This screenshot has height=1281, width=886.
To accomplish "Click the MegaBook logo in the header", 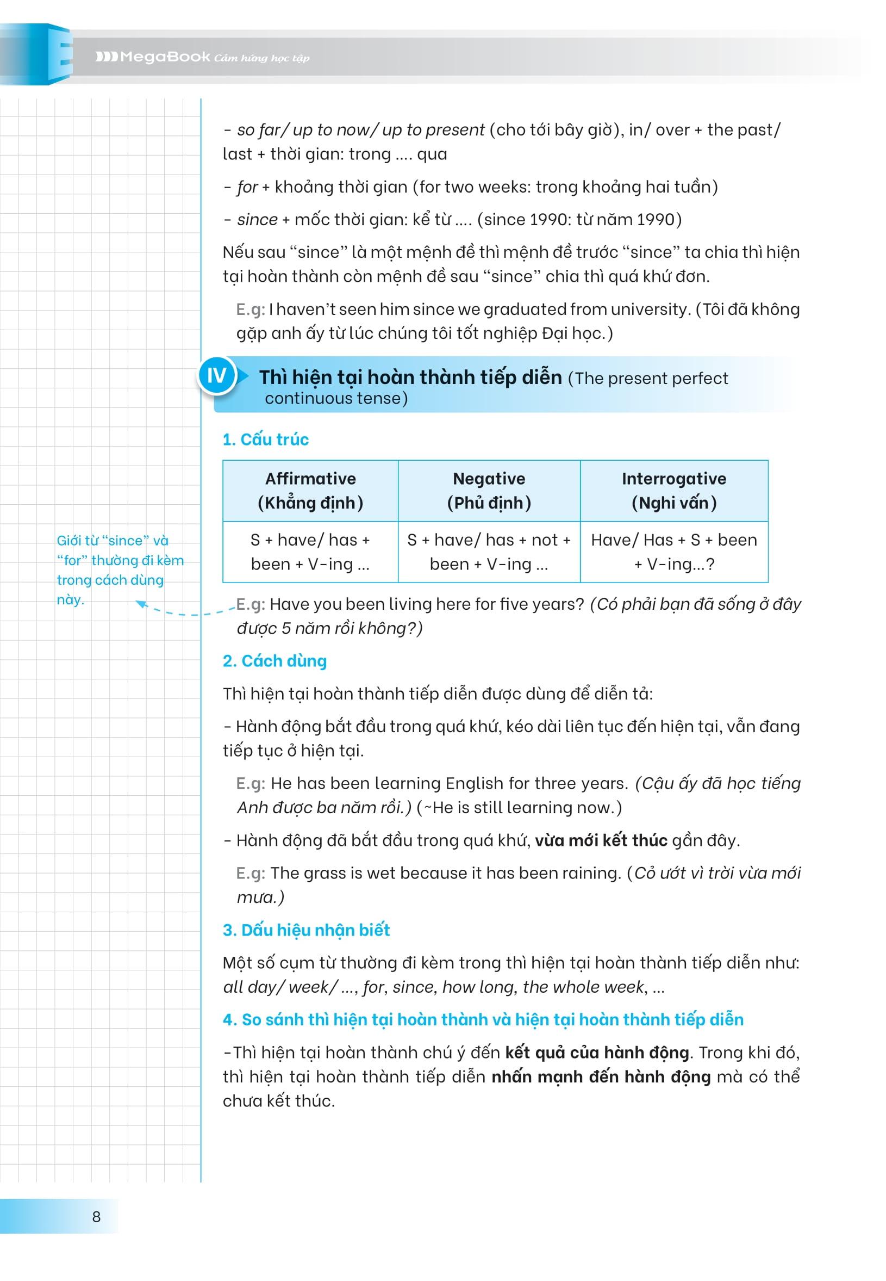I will [153, 57].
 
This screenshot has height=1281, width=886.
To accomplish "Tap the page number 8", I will [96, 1217].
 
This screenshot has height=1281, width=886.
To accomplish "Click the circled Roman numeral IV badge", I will [216, 376].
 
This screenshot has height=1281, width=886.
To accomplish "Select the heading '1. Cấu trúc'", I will [265, 440].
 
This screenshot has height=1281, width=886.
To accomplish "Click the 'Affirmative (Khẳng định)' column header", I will [310, 491].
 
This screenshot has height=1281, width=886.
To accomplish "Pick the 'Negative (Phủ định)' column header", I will [489, 491].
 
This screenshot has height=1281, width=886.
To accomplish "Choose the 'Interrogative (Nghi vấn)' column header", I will [674, 491].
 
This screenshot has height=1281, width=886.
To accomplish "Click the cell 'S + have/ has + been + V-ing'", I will [310, 552].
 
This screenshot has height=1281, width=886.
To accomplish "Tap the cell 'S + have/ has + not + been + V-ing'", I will [489, 552].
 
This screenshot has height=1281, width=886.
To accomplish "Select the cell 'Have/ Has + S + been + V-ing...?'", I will [674, 552].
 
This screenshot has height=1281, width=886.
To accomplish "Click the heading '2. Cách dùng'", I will [275, 661].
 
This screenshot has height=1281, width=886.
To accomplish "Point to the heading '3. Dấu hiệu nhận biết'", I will [306, 930].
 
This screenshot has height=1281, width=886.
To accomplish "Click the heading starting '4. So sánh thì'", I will [483, 1019].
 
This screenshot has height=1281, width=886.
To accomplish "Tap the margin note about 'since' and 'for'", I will [120, 570].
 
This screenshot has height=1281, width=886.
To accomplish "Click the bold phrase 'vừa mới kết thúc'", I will [601, 840].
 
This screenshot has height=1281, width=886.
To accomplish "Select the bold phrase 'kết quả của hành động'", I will [597, 1052].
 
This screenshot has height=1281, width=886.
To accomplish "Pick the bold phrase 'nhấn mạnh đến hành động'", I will [601, 1076].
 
